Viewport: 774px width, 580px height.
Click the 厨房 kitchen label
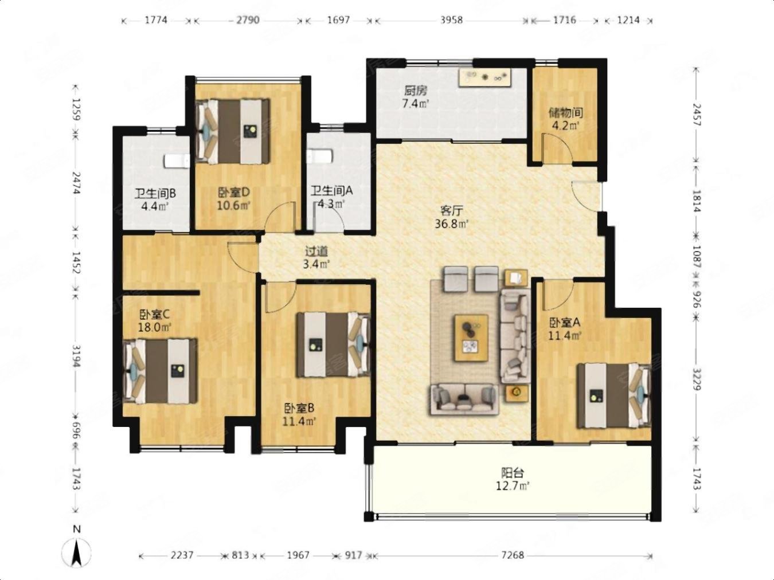click(x=416, y=91)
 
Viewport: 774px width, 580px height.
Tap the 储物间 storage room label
click(x=565, y=113)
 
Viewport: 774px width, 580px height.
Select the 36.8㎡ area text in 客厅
click(x=451, y=224)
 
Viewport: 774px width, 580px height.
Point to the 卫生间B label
click(x=155, y=194)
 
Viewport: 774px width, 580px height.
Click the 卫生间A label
click(x=331, y=191)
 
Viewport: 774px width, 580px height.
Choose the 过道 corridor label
click(x=316, y=251)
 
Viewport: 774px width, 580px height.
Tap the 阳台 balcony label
click(x=513, y=473)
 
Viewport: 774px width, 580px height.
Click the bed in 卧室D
click(x=233, y=131)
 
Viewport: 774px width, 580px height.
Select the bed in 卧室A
click(x=614, y=396)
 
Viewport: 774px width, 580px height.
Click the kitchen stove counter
click(x=485, y=77)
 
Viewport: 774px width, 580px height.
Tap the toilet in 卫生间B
click(x=177, y=160)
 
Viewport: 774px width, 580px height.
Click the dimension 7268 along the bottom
click(x=513, y=556)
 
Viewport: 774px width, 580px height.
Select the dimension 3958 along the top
click(x=451, y=20)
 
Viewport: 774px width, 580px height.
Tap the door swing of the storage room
click(x=557, y=147)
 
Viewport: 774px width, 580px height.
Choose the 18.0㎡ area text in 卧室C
click(x=155, y=327)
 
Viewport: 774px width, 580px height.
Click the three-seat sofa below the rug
click(x=464, y=399)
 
